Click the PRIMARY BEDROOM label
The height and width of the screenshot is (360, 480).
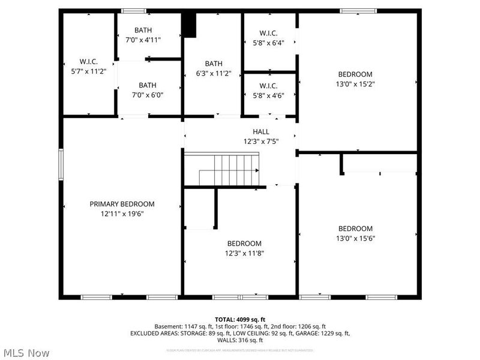coord(122,204)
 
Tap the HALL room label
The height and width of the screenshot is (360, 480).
coord(261,132)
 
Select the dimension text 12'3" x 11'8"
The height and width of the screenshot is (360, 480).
coord(244,253)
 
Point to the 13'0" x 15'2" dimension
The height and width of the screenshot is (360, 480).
coord(355,85)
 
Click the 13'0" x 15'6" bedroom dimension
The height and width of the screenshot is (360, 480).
coord(355,238)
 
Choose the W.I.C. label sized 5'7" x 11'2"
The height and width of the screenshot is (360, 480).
coord(89,71)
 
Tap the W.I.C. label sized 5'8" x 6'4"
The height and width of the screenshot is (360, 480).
coord(268,43)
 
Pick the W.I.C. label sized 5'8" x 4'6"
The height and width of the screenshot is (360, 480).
coord(268,95)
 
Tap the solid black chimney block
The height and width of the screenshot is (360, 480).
coord(190,24)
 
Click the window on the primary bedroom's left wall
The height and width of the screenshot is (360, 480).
coord(61,164)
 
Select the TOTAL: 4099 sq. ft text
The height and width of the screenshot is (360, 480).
coord(239,319)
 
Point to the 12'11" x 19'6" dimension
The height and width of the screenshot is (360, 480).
coord(122,214)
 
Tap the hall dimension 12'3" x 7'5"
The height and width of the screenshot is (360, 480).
coord(261,142)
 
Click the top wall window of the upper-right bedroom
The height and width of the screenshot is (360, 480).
coord(358,11)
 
